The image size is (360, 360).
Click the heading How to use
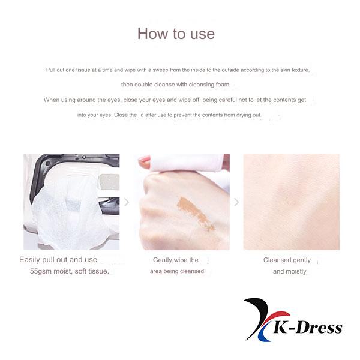click(x=176, y=34)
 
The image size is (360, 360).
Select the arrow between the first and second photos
click(x=126, y=202)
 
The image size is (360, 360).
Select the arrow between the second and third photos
click(x=236, y=202)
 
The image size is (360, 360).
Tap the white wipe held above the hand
click(x=192, y=162)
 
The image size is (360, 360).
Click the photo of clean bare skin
click(x=291, y=202)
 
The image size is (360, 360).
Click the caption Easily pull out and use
click(x=58, y=260)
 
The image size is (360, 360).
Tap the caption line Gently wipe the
click(x=176, y=260)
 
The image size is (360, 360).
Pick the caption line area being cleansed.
click(x=178, y=271)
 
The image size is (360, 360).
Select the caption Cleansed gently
click(x=287, y=260)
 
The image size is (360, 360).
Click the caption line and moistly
click(x=289, y=271)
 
